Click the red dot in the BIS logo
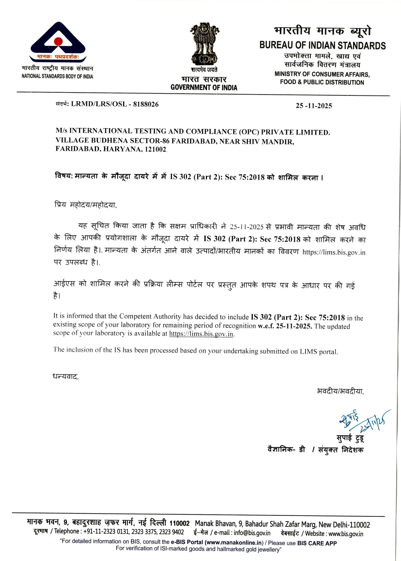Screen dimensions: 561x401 58,41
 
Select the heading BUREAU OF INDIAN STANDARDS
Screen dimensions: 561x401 322,45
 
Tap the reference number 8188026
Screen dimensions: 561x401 146,104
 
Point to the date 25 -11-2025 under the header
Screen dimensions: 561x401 314,106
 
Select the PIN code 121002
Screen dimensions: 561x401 155,149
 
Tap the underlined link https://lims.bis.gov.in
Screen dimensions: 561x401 201,334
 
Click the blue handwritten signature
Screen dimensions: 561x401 363,421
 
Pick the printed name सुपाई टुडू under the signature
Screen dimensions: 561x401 350,438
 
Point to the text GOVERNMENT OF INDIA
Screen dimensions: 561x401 204,87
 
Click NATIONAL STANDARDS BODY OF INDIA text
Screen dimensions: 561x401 57,76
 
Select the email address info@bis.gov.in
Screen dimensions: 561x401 252,533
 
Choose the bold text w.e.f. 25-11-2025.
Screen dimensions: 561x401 285,326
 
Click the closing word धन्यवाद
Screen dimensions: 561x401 65,376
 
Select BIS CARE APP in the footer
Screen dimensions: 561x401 317,543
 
